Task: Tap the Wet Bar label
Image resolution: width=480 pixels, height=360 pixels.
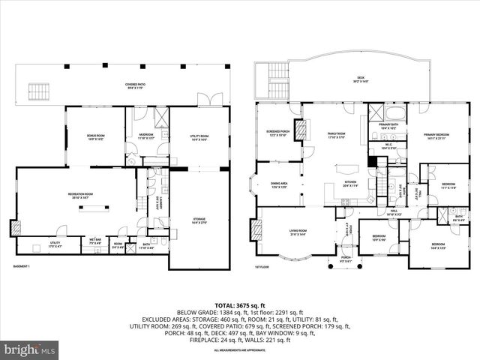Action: (x=95, y=242)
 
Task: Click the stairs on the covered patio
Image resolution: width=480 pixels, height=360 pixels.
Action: (x=38, y=91)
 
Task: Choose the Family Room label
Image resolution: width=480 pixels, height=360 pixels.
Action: (x=336, y=135)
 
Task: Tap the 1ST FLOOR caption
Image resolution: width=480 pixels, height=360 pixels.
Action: (x=261, y=266)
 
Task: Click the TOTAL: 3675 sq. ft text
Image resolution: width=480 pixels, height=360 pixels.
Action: (x=239, y=304)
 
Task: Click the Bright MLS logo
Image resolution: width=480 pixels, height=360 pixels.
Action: (x=30, y=349)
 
